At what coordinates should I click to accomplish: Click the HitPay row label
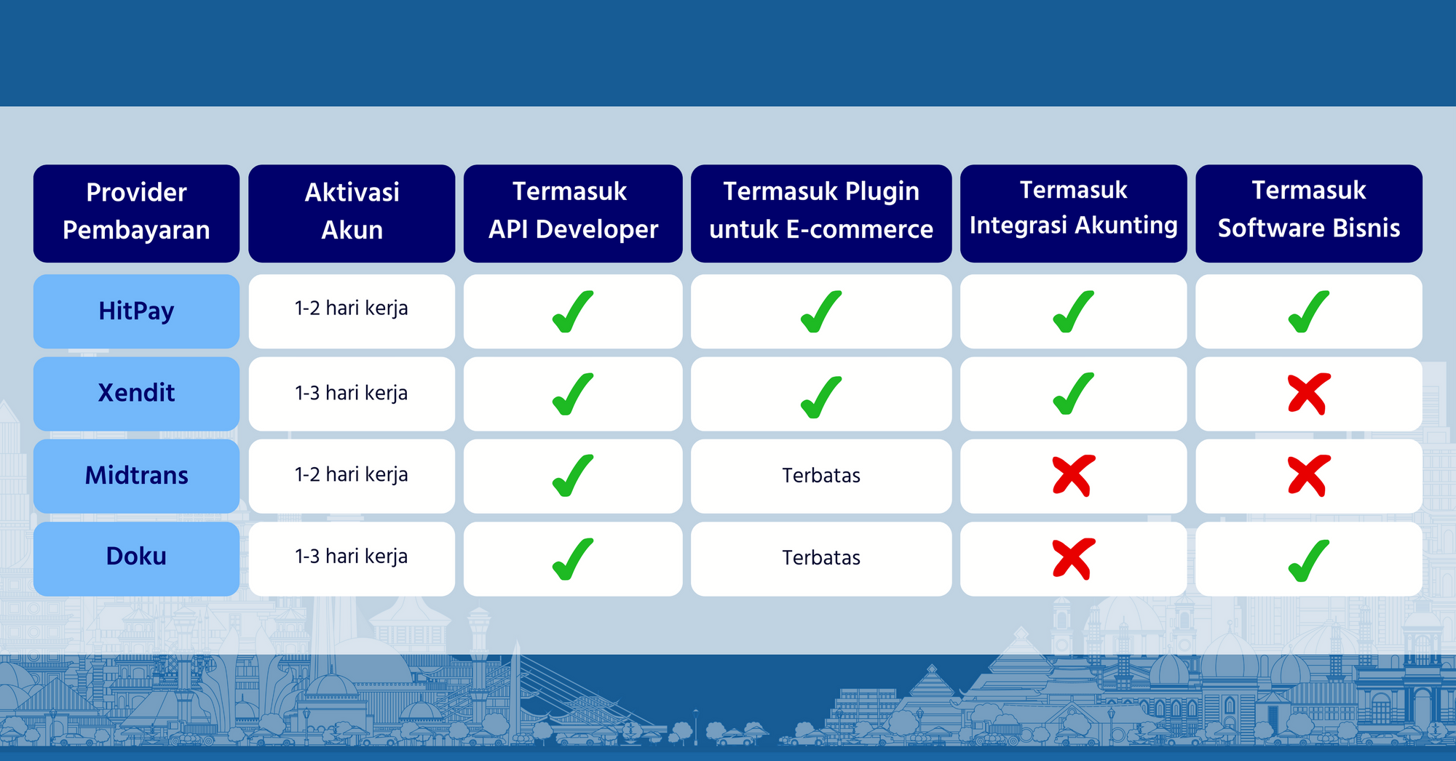tap(136, 311)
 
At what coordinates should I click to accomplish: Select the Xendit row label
tap(136, 393)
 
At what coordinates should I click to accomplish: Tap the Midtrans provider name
tap(136, 475)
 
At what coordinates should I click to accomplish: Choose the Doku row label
tap(136, 556)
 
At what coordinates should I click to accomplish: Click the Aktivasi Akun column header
tap(352, 211)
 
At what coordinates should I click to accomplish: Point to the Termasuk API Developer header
tap(573, 210)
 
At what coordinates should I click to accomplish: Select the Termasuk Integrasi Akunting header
tap(1073, 207)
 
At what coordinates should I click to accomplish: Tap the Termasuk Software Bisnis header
tap(1308, 209)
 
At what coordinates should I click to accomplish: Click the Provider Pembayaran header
tap(136, 211)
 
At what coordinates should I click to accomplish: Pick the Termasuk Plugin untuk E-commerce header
tap(821, 210)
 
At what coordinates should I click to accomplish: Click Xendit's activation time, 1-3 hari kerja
tap(351, 393)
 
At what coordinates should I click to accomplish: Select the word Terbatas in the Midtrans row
tap(821, 475)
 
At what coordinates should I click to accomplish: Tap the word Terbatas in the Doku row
tap(821, 557)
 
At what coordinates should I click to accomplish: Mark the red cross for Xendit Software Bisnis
tap(1309, 394)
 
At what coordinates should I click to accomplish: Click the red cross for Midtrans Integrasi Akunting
tap(1073, 476)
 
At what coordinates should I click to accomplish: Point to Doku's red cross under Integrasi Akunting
tap(1073, 559)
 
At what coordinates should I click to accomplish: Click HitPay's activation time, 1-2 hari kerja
tap(351, 308)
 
